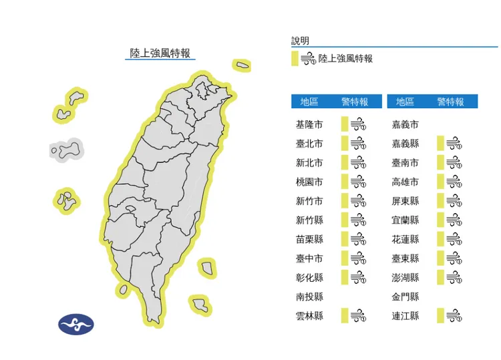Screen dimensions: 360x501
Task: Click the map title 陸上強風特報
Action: tap(160, 53)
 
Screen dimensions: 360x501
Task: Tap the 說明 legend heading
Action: tap(301, 41)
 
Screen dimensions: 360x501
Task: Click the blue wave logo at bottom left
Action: tap(75, 325)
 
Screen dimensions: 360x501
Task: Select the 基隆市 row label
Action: tap(309, 124)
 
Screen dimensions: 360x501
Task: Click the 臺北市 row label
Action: tap(309, 144)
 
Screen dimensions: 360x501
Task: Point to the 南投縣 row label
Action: tap(309, 297)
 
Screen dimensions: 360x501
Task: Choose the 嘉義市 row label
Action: tap(405, 124)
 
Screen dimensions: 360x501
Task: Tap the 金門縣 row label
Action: tap(405, 297)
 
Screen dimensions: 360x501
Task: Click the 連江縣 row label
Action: tap(405, 316)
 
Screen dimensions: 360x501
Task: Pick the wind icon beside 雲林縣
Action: tap(359, 316)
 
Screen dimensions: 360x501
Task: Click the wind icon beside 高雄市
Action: tap(455, 182)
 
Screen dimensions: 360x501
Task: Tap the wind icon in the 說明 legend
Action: tap(308, 59)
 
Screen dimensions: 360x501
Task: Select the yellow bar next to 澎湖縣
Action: tap(441, 277)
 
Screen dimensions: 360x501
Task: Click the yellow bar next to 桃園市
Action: tap(345, 182)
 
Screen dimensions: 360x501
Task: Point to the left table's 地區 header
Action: tap(309, 102)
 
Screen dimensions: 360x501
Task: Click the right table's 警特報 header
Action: tap(451, 102)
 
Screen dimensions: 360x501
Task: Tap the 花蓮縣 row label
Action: tap(405, 239)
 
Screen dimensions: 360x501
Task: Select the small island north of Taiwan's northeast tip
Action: tap(242, 65)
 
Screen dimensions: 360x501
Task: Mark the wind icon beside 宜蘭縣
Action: tap(455, 220)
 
